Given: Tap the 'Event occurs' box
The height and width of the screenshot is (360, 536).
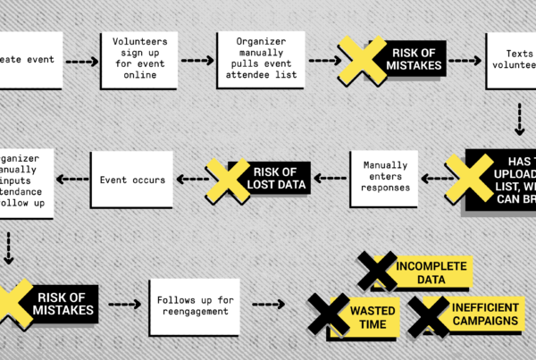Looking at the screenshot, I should click(x=132, y=180).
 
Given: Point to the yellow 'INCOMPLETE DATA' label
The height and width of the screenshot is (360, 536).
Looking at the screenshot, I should click(x=432, y=272).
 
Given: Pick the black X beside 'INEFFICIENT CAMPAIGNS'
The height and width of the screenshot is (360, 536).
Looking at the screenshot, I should click(x=429, y=315).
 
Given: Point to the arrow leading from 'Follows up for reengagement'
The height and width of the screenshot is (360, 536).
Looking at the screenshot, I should click(x=267, y=304).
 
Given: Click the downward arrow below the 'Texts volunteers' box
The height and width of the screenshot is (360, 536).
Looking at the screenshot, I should click(x=519, y=119).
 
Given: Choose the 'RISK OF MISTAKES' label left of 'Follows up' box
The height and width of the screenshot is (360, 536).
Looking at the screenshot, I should click(x=65, y=304).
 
